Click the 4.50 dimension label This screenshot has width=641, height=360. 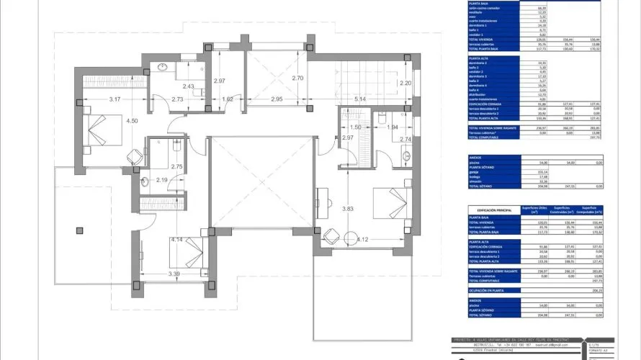point(132,121)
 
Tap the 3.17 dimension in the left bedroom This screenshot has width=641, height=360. point(114,99)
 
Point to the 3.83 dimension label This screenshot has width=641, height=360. point(348,209)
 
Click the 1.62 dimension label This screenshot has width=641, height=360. point(228,99)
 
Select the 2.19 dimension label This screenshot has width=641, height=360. point(162,180)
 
